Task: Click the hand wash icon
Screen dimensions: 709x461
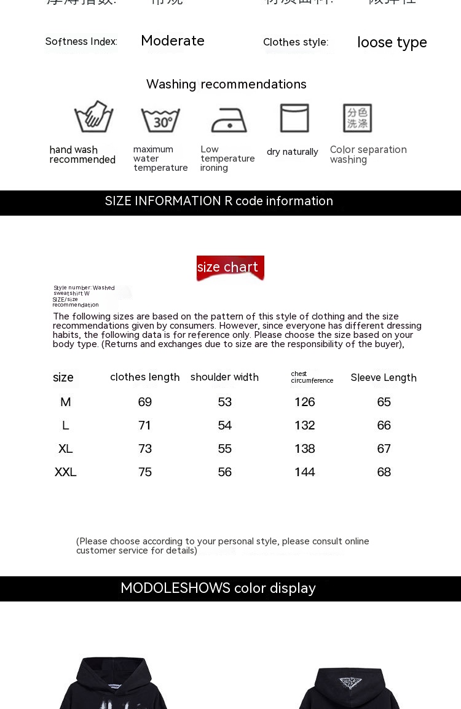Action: tap(94, 117)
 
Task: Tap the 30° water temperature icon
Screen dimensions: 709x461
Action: tap(160, 119)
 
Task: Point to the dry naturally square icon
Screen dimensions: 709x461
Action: tap(294, 118)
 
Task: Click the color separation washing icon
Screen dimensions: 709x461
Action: tap(357, 118)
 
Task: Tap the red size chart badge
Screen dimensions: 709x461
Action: tap(230, 268)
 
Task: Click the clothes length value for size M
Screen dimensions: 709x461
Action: tap(145, 402)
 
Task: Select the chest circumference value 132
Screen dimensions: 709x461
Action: tap(304, 425)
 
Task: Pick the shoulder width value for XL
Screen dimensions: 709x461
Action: tap(225, 449)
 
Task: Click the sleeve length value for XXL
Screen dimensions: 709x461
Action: tap(384, 472)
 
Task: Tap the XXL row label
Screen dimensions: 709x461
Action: tap(66, 472)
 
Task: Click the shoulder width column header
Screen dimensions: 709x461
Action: tap(224, 377)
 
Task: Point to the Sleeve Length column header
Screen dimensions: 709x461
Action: tap(384, 378)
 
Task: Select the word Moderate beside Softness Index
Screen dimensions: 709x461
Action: tap(173, 41)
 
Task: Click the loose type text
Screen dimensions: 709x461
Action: tap(392, 42)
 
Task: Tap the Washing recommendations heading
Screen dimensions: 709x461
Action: tap(226, 84)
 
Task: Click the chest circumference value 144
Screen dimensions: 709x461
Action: tap(304, 472)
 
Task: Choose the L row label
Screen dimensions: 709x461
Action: tap(66, 425)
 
